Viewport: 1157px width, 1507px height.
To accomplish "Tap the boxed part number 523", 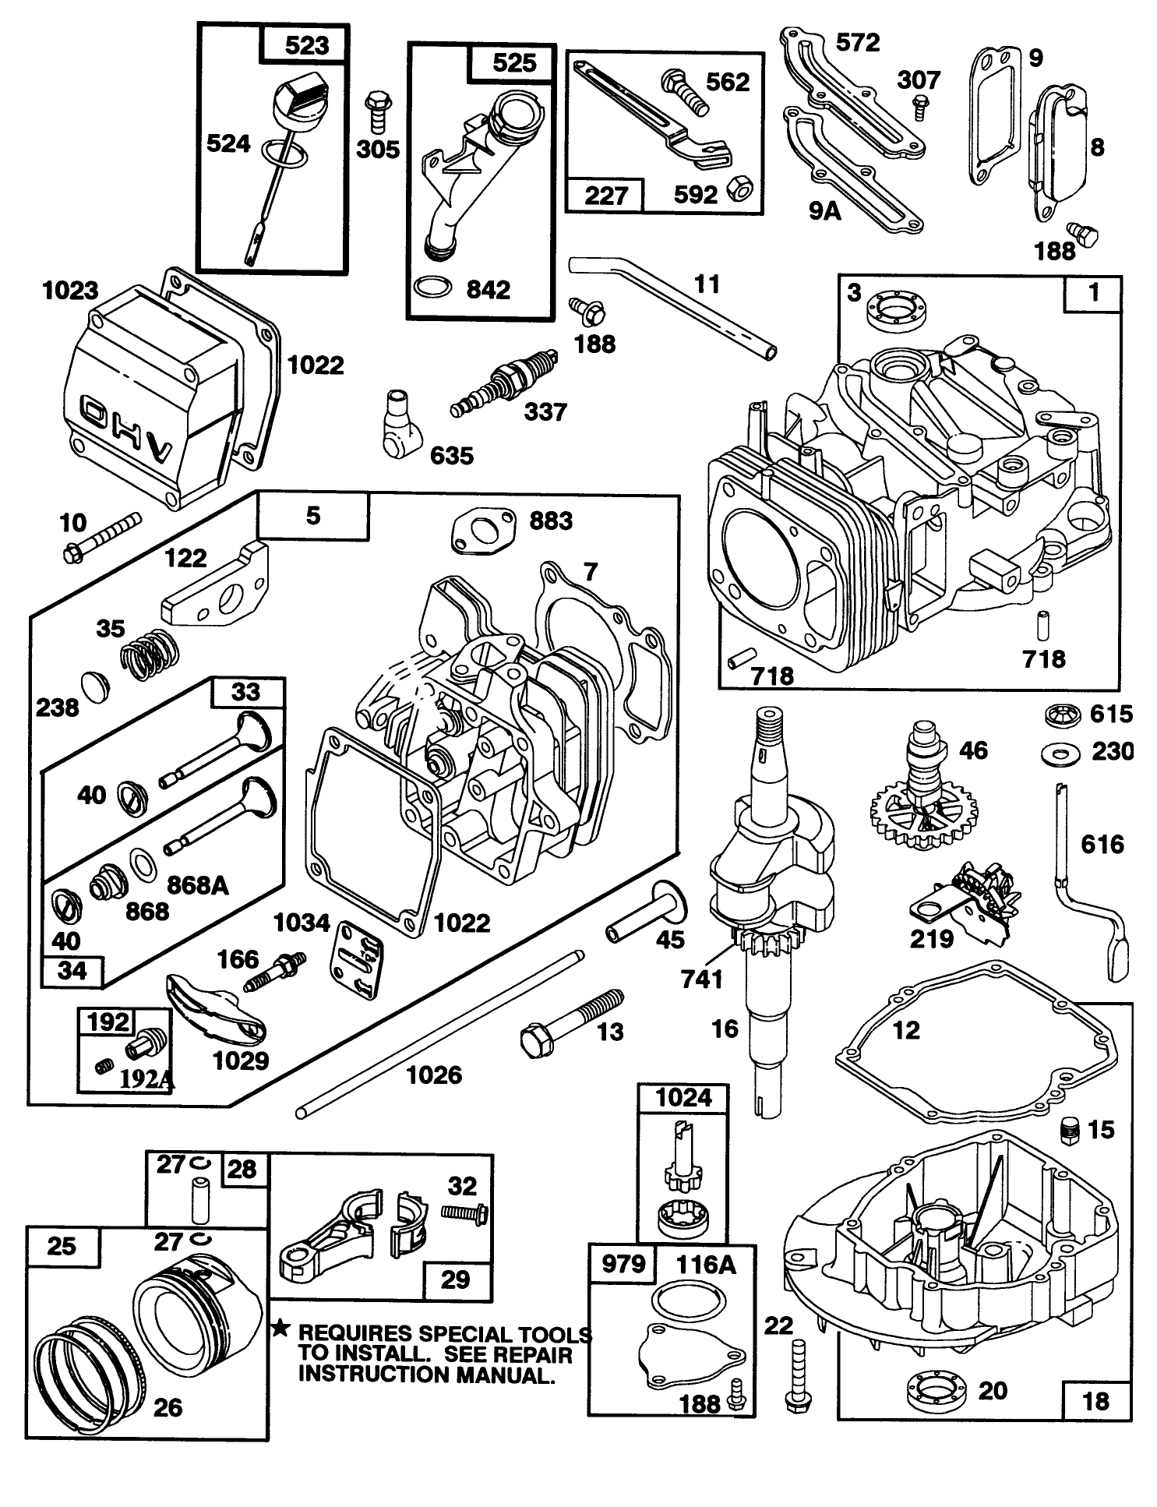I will (307, 45).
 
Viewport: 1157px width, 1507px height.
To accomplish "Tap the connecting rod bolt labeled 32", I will (464, 1212).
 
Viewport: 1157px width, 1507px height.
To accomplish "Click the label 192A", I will (146, 1080).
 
